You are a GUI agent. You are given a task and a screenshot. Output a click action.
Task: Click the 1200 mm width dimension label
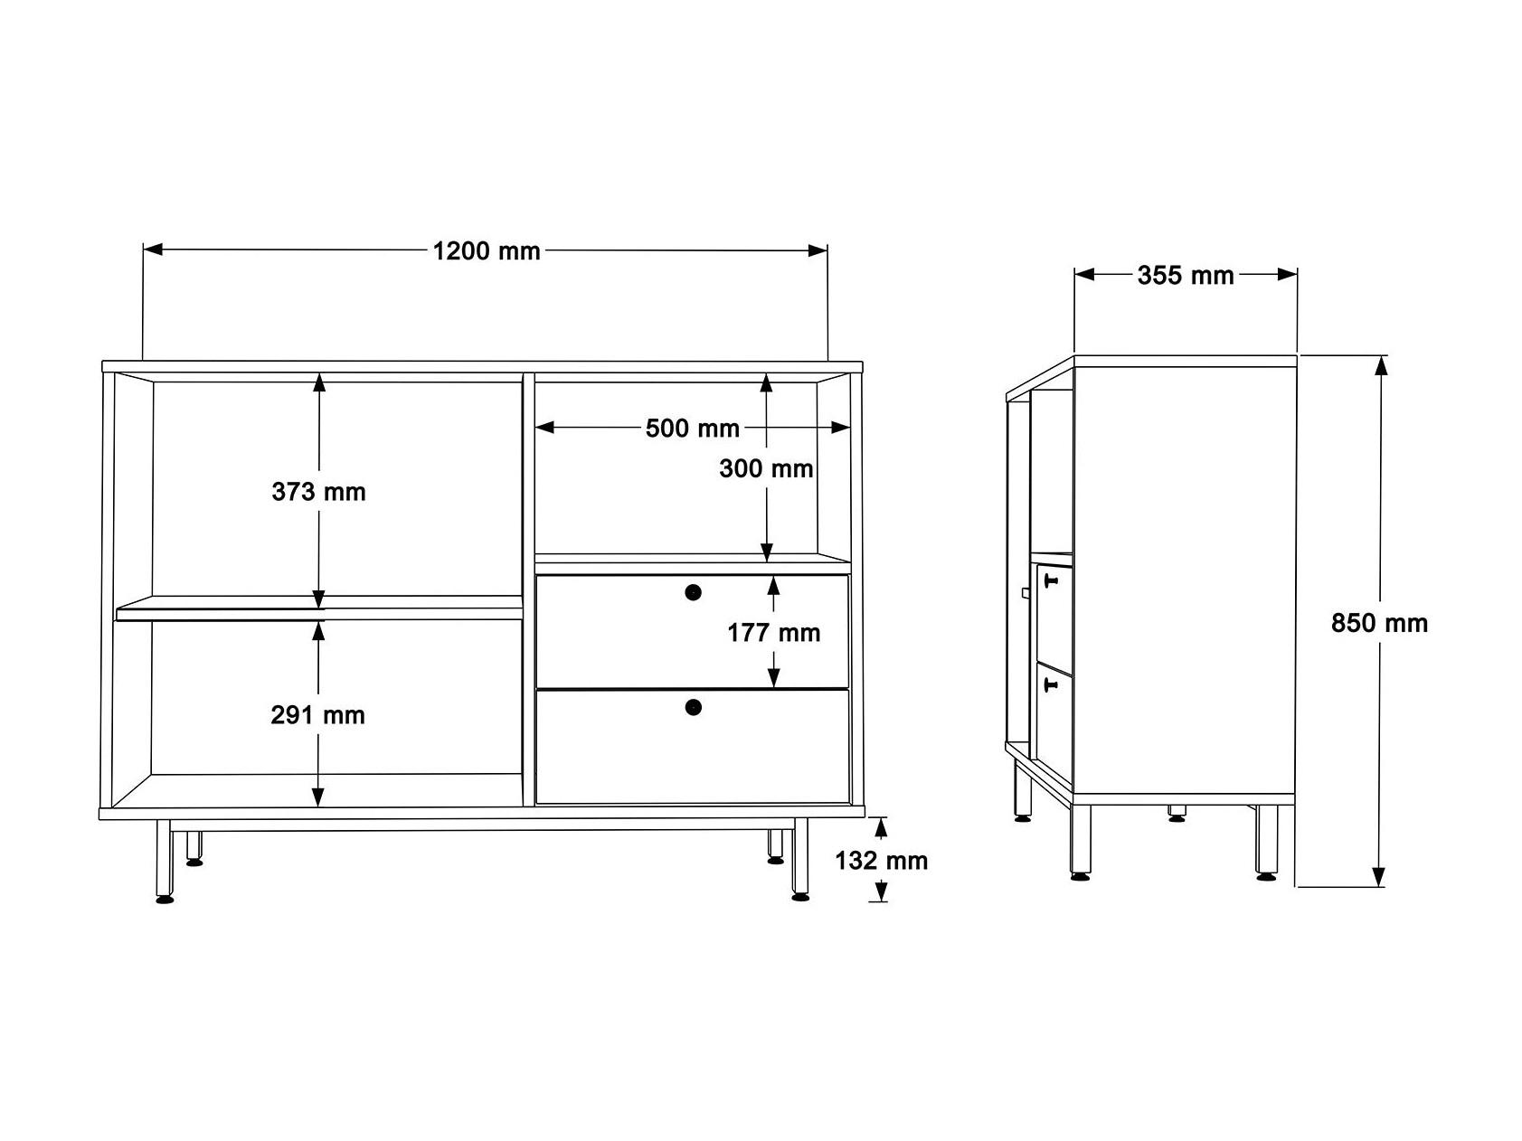coord(487,250)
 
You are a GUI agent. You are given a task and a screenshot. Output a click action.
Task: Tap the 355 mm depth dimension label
coord(1186,275)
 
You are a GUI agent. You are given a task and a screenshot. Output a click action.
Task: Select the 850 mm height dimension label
coord(1379,623)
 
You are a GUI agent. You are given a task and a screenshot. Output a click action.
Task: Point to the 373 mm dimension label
coord(318,492)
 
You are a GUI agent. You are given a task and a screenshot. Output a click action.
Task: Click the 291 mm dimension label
coord(318,715)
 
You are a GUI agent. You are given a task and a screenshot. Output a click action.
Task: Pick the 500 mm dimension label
coord(693,428)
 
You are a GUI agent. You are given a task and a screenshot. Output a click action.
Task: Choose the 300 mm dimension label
coord(766,468)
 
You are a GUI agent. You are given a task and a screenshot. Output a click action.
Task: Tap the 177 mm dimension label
coord(774,633)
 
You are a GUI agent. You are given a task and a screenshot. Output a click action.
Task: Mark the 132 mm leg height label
coord(882,860)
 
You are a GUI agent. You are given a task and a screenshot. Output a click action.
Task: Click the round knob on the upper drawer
coord(694,592)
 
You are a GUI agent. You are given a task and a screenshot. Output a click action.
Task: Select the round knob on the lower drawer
coord(694,707)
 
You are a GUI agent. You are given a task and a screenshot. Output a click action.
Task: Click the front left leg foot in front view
coord(165,899)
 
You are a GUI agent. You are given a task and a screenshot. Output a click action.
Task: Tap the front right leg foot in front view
coord(799,897)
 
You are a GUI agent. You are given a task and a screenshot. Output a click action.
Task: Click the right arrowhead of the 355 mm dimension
coord(1288,274)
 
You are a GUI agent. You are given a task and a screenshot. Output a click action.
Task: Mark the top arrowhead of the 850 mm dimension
coord(1379,364)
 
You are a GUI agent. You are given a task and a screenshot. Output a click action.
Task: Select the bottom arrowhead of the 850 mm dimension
coord(1378,877)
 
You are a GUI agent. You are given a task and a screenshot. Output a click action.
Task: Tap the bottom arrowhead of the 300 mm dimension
coord(767,552)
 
